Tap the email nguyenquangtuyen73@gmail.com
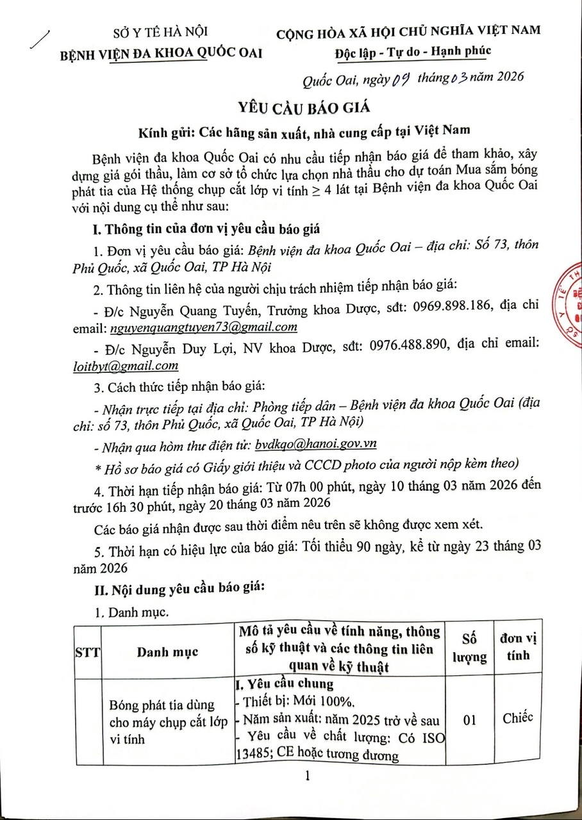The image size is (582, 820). point(204,327)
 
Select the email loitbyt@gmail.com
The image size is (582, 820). point(126,365)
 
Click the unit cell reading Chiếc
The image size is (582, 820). point(517,717)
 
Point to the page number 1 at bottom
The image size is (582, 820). point(308,777)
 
